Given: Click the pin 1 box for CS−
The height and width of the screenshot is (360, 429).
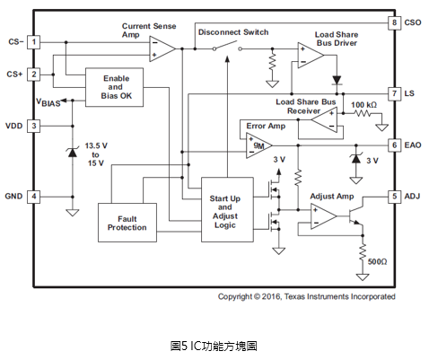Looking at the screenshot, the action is point(33,42).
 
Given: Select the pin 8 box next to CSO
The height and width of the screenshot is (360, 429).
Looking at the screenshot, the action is point(394,22).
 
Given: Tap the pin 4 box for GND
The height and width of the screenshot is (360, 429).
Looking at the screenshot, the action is point(33,197).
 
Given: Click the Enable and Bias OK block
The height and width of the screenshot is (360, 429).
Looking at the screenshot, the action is point(114,87).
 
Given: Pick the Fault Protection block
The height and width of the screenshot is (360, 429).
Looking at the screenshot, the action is point(127,223).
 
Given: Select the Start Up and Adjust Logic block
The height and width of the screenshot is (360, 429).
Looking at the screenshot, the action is point(227,209).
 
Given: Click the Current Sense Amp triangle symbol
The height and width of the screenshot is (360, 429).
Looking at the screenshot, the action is point(162,48).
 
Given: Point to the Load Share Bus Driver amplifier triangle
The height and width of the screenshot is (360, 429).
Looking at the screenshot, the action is point(311,55).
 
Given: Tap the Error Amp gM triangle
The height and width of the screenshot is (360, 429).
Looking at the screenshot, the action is point(258,145).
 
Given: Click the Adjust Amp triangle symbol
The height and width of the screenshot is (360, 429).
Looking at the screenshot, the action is point(323,216).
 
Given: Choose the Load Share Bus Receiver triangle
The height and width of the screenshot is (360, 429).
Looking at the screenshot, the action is point(325,120).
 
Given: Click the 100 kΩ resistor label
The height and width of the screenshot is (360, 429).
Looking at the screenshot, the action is point(363,105).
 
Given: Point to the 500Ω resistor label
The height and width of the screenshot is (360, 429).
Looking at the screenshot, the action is point(377,262).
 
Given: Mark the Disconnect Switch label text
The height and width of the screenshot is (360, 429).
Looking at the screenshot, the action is point(233,32).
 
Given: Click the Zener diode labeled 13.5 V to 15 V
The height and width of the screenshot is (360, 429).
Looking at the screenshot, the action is point(72,153).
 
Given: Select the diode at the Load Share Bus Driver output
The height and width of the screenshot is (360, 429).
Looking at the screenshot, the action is point(337,80).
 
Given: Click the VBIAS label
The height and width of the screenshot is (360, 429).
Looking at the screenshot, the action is point(48,102).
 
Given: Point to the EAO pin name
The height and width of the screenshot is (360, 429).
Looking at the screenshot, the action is point(413,145).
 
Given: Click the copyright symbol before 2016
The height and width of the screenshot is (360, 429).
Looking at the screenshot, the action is point(257,296).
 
